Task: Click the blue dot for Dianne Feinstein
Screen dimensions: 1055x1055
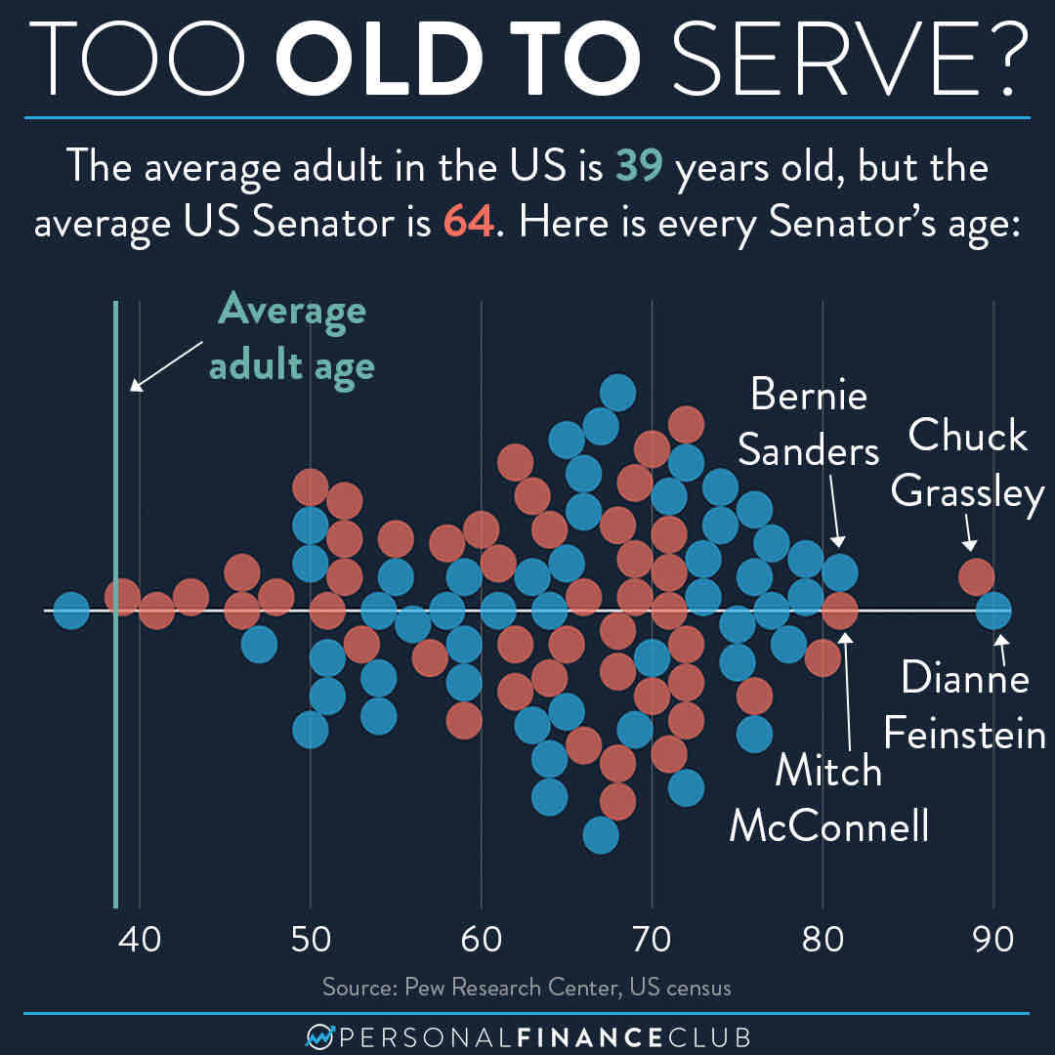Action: [993, 612]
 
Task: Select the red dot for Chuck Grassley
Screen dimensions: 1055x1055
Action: [976, 576]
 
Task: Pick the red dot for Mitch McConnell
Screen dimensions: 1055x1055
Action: [839, 612]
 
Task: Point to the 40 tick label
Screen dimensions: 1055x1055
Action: [140, 942]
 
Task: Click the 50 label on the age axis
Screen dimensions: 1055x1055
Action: [311, 942]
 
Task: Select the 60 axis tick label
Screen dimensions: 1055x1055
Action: [481, 942]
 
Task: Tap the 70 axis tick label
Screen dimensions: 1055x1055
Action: [652, 942]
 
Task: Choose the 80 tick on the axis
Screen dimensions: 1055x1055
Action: [823, 942]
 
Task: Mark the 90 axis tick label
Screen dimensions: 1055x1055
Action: [992, 942]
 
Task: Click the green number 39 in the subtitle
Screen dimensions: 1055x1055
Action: [639, 169]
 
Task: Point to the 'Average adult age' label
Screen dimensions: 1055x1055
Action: [291, 338]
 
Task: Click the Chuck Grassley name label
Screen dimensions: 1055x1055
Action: [968, 463]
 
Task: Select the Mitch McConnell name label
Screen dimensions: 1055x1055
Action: [828, 799]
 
